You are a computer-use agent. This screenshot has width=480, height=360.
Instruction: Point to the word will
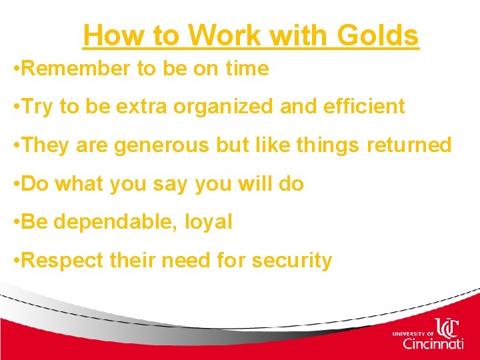pyautogui.click(x=251, y=184)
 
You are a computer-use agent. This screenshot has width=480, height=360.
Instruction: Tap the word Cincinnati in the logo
pyautogui.click(x=433, y=344)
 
